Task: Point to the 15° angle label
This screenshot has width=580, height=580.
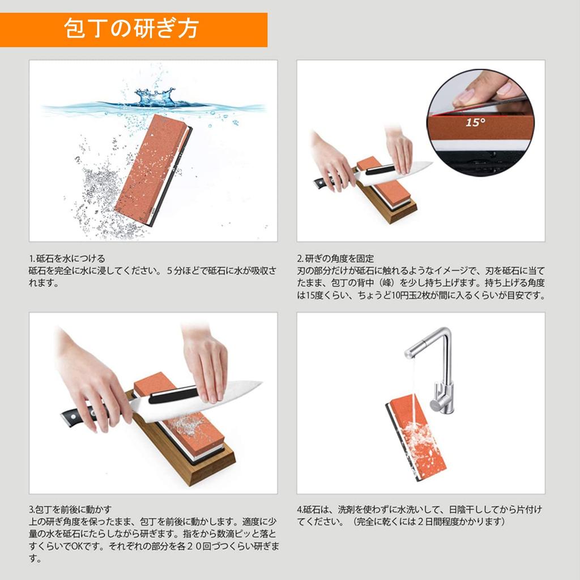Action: point(474,122)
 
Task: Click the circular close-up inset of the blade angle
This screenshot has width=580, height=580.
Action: point(481,122)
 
